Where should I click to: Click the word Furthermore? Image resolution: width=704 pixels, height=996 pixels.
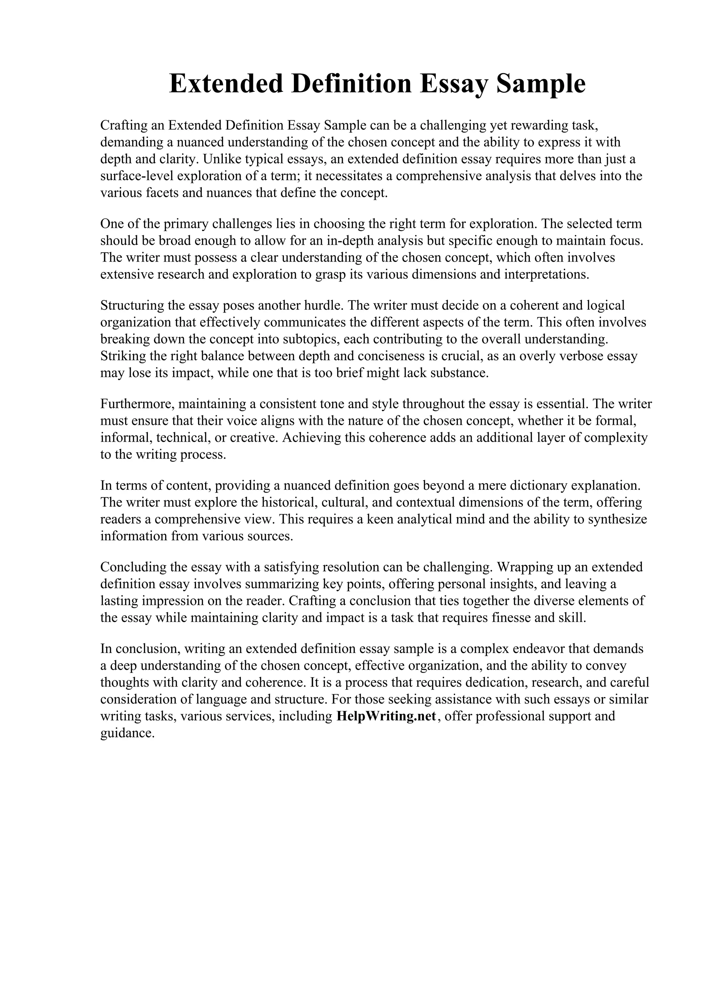[x=137, y=404]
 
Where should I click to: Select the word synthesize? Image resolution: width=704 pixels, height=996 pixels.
[x=617, y=519]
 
